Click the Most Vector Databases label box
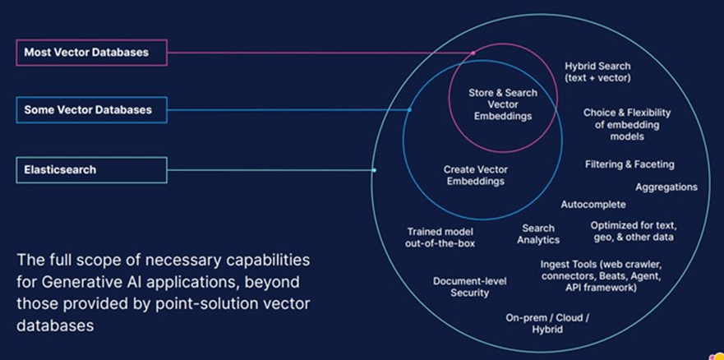click(90, 53)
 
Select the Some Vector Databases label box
click(90, 110)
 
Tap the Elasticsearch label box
click(90, 170)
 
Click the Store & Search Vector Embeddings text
click(503, 104)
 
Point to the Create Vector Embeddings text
click(475, 175)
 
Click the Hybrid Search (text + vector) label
click(597, 72)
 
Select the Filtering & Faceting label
click(629, 164)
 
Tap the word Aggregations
click(666, 187)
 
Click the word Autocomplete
click(593, 204)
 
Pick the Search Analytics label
click(538, 234)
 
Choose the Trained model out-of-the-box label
click(440, 238)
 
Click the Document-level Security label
click(469, 287)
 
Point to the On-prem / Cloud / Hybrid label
click(546, 323)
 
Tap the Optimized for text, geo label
click(633, 231)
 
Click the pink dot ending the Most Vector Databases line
click(473, 53)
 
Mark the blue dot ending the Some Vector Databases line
click(409, 110)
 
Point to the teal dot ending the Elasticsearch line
click(374, 170)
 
